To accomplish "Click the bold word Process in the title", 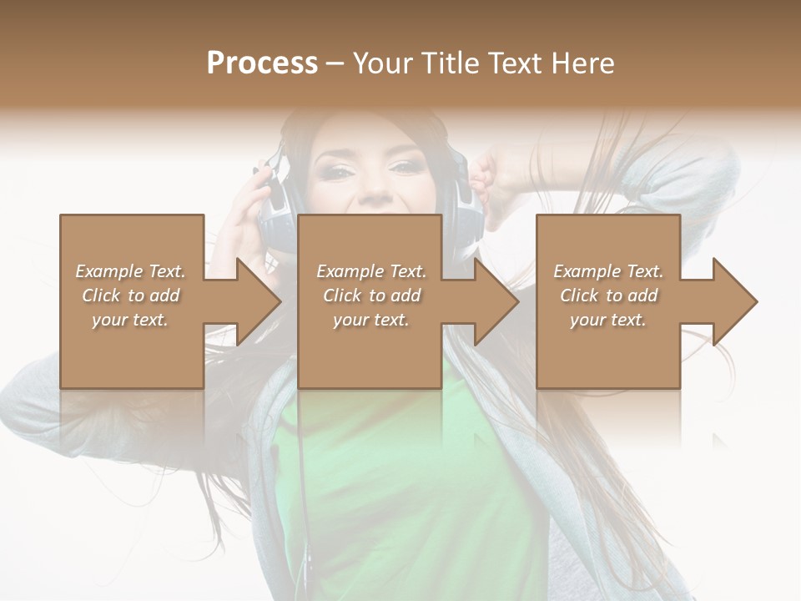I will tap(262, 63).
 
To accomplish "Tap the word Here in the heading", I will tap(582, 63).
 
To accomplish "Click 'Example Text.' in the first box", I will tap(130, 271).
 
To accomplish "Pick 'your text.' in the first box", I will tap(130, 320).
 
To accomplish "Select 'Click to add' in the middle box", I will tap(371, 295).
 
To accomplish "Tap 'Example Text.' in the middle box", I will tap(371, 271).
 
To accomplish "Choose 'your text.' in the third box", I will tap(608, 320).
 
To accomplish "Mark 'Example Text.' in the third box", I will tap(608, 271).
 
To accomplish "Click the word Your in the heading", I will tap(383, 63).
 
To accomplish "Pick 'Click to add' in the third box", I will tap(608, 295).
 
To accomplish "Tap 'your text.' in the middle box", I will tap(371, 320).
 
